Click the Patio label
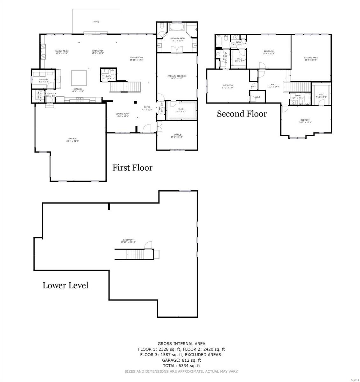coord(96,22)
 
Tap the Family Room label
coord(62,52)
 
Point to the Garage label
coord(72,139)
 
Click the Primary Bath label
coord(178,39)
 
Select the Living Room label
coord(137,59)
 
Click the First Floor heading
coord(132,168)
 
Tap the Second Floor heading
coord(242,114)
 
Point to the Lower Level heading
coord(65,286)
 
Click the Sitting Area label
coord(311,59)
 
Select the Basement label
coord(128,241)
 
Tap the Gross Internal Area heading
coord(181,343)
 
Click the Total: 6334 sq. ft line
coord(181,366)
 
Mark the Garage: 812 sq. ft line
coord(181,360)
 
